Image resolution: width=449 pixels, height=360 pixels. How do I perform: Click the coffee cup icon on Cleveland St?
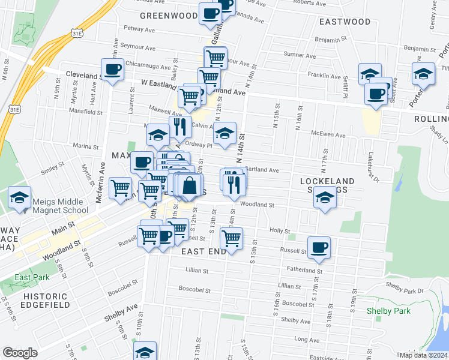(x=112, y=70)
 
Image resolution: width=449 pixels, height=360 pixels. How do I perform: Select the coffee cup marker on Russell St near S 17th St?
(x=319, y=247)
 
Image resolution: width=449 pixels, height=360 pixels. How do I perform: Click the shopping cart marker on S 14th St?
(x=231, y=238)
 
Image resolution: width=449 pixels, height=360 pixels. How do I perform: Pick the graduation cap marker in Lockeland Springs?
(x=325, y=197)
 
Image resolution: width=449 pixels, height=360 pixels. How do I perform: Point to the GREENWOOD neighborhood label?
(x=169, y=15)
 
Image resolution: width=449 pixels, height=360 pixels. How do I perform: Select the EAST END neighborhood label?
(x=203, y=251)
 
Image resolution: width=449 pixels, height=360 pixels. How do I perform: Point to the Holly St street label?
(x=280, y=230)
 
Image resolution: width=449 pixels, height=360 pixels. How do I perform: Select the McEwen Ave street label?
(x=328, y=135)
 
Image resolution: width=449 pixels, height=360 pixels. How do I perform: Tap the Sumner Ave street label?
(x=295, y=55)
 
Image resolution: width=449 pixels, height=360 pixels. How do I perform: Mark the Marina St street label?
(x=85, y=146)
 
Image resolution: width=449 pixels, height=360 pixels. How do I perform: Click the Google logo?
(x=20, y=352)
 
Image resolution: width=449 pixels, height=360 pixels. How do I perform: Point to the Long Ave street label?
(x=307, y=340)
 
